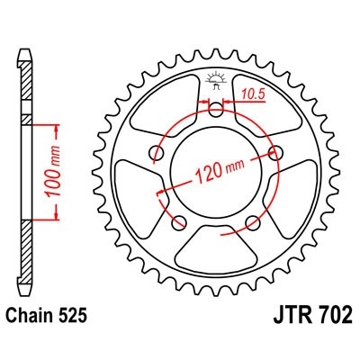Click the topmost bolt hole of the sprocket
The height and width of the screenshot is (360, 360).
pos(216,109)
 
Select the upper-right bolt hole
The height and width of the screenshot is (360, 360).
pos(276,152)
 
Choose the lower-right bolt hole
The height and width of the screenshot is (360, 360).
pos(254,223)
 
